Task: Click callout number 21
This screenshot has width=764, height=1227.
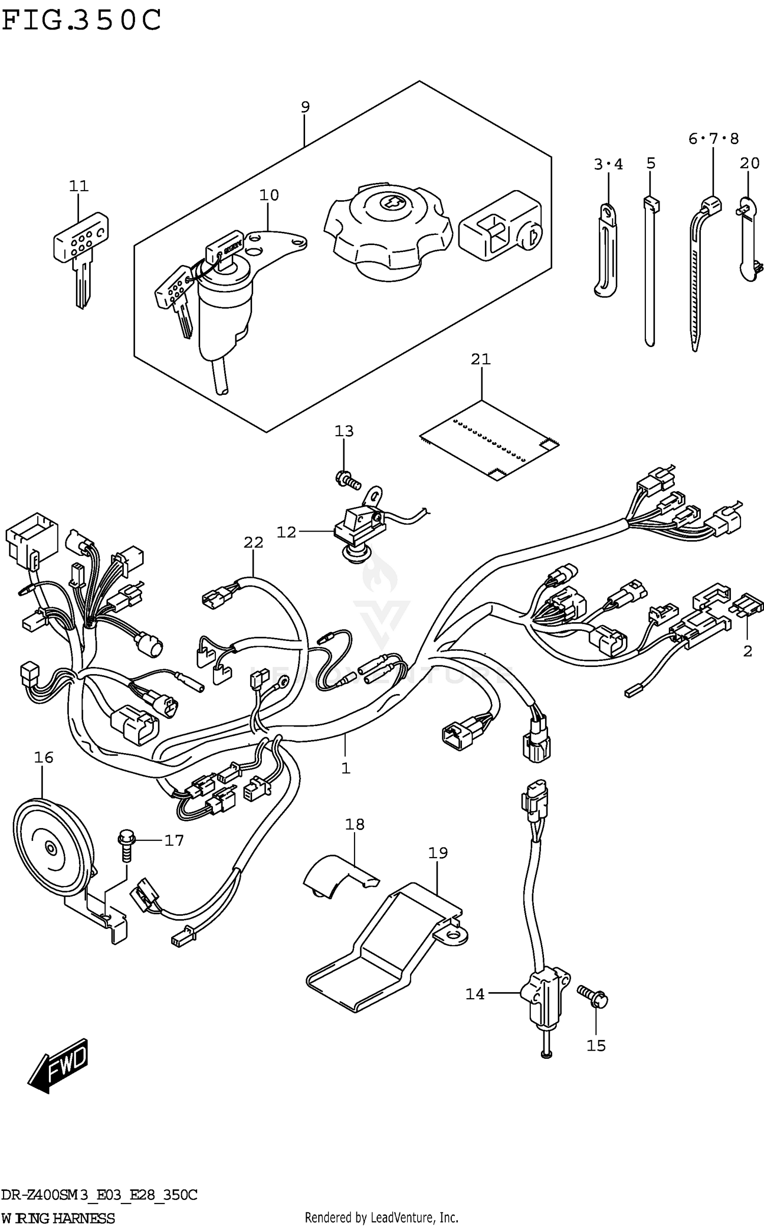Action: [480, 360]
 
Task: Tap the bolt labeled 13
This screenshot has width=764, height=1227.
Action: [346, 478]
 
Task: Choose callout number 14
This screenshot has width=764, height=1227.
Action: [475, 994]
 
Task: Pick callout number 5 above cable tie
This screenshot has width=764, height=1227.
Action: [650, 164]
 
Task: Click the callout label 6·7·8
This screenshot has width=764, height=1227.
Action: [713, 139]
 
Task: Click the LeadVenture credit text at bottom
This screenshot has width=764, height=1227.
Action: [381, 1217]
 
